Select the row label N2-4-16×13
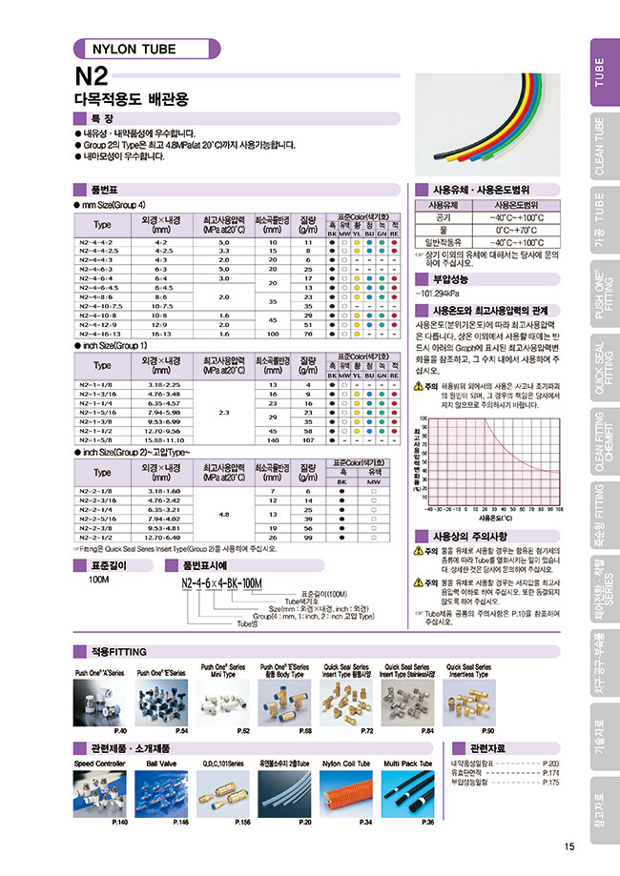click(x=100, y=335)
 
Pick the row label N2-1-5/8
click(x=100, y=440)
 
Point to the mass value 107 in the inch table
click(x=308, y=440)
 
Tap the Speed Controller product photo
click(x=100, y=793)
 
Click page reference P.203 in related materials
click(x=549, y=764)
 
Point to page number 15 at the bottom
click(x=568, y=846)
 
